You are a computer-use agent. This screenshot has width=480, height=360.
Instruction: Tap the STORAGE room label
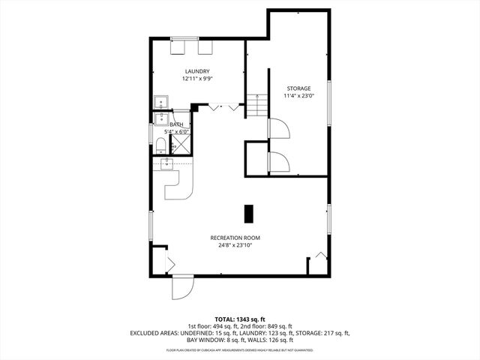297,88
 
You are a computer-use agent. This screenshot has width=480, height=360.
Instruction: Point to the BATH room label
177,125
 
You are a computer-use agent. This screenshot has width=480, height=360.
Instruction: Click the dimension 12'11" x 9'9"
196,79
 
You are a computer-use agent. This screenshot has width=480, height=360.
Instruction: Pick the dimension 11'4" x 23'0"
297,96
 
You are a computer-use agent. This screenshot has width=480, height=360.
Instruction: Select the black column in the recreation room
250,212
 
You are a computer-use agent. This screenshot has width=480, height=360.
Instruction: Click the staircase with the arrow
257,106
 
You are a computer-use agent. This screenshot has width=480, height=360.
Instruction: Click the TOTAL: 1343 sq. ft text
239,319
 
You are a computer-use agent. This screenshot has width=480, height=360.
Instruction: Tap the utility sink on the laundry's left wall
160,101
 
